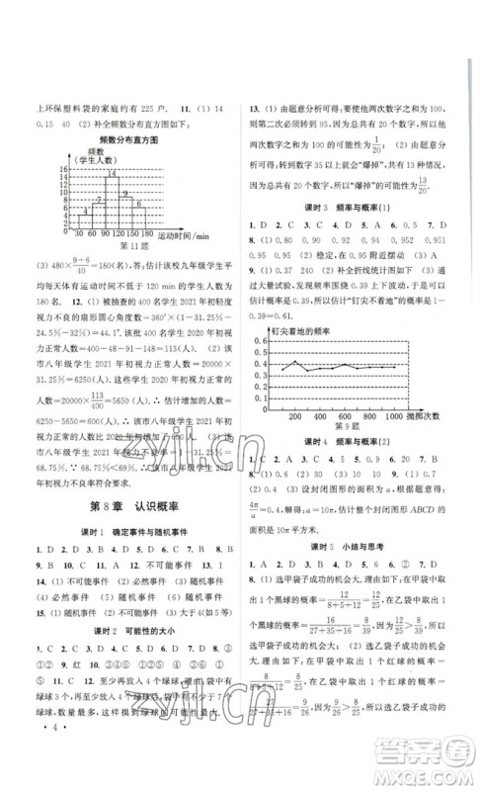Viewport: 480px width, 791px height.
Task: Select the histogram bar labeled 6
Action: pos(145,218)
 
